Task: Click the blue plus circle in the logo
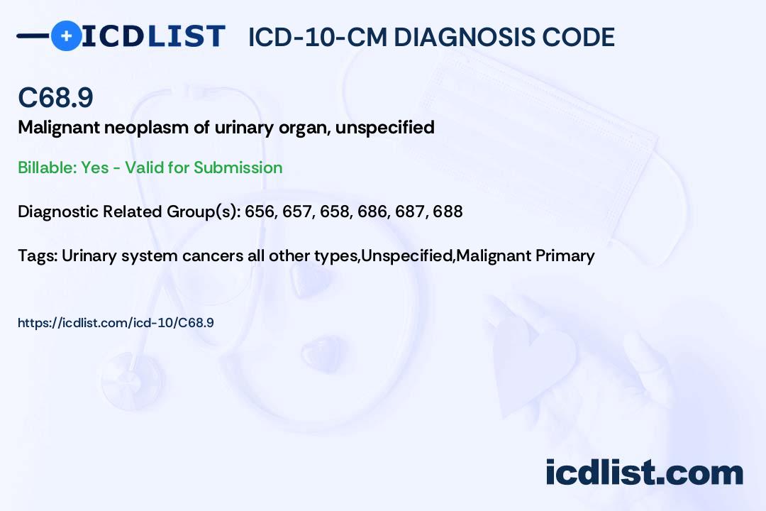(x=66, y=35)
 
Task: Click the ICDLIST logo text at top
(x=153, y=35)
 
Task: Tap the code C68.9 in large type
(x=55, y=98)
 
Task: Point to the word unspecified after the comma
(x=394, y=128)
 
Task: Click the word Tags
(x=36, y=255)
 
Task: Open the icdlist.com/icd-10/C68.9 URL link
(x=116, y=323)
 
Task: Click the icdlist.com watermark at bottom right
(x=644, y=472)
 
